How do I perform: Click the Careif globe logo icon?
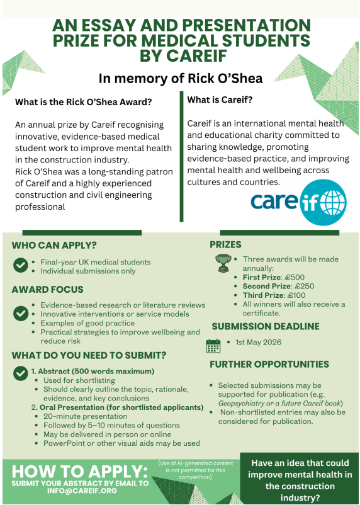[323, 202]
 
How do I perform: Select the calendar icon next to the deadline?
[214, 346]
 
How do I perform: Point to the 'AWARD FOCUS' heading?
[48, 290]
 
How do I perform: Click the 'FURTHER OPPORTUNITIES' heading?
[269, 365]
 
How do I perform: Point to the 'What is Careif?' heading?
[220, 99]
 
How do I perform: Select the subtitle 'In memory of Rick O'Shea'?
[180, 78]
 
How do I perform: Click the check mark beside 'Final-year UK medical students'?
[20, 265]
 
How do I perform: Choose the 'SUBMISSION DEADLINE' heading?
[265, 326]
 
